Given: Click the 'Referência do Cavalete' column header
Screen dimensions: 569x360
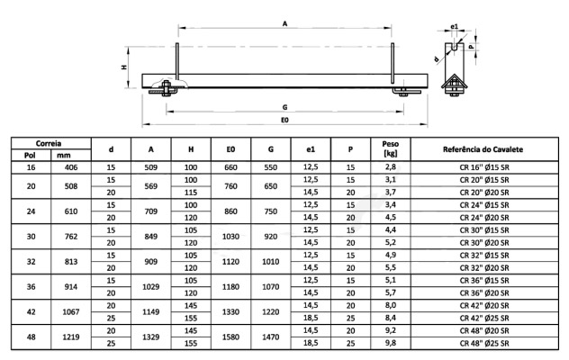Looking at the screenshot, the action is click(x=483, y=149).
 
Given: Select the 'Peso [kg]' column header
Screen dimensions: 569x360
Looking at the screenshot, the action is click(x=390, y=148).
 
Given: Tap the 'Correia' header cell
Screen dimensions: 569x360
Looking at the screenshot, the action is click(x=49, y=143).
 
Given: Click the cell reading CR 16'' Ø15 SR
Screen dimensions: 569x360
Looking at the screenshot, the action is click(x=484, y=167).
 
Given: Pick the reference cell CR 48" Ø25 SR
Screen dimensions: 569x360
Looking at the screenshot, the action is click(x=484, y=343).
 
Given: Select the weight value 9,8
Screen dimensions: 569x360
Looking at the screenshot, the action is click(x=391, y=343).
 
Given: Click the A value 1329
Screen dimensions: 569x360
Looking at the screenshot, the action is click(x=151, y=337).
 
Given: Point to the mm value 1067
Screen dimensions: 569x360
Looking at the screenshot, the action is click(x=71, y=311).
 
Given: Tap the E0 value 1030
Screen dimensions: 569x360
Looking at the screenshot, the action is click(x=230, y=237).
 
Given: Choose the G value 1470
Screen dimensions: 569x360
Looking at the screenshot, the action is click(x=271, y=337).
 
